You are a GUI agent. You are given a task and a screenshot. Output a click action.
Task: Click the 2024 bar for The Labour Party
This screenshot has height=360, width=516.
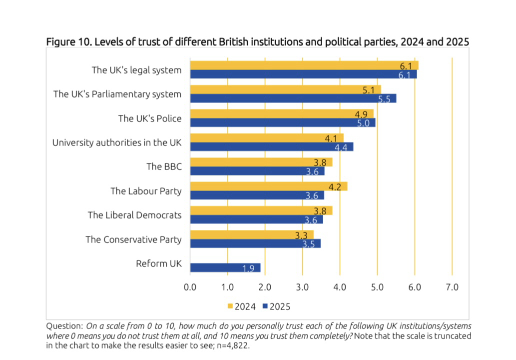point(269,186)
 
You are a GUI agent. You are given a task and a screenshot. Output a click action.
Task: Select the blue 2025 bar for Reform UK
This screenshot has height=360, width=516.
point(225,267)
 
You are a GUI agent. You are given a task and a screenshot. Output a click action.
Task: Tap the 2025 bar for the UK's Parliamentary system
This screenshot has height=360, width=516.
point(293,98)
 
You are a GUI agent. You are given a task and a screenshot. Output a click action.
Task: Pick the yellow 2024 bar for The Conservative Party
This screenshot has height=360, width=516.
point(252,234)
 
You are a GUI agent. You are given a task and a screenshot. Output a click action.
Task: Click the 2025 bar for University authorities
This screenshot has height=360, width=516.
point(272,146)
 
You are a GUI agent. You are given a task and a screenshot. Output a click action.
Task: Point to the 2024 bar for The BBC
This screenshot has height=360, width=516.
point(261,162)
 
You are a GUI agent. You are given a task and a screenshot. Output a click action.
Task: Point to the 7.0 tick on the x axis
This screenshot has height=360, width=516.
point(452,287)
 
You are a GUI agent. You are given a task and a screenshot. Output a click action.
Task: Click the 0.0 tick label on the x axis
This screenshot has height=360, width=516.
point(190,287)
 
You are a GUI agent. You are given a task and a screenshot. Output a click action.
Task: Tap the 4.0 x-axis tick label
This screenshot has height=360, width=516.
point(340,287)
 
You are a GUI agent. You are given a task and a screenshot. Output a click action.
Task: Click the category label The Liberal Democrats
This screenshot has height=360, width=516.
point(134,215)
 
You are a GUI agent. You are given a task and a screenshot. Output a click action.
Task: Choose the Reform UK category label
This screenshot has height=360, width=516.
point(159,263)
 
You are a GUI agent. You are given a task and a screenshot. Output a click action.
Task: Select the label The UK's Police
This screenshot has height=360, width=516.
point(149,118)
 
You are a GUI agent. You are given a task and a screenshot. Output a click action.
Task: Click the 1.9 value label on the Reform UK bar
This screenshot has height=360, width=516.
point(248,268)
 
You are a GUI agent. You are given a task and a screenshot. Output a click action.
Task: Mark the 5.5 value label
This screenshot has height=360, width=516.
point(384,99)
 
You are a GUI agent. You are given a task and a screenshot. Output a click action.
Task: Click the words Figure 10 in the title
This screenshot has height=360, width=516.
point(68,41)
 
